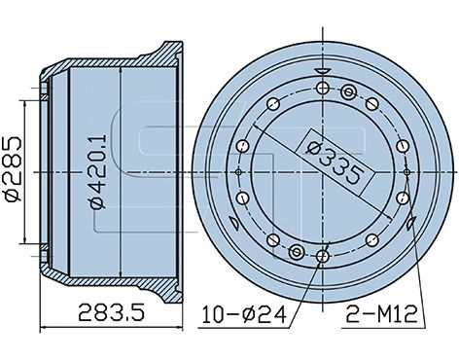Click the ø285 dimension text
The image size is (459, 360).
pyautogui.click(x=13, y=168)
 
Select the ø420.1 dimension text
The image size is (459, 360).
pyautogui.click(x=98, y=172)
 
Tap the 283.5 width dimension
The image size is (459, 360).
pyautogui.click(x=112, y=311)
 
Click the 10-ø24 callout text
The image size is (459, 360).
pyautogui.click(x=244, y=314)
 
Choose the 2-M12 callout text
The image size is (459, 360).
pyautogui.click(x=381, y=314)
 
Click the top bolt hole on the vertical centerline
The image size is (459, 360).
pyautogui.click(x=323, y=88)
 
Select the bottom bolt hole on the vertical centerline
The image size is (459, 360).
pyautogui.click(x=323, y=257)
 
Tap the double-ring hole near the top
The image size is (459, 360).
pyautogui.click(x=349, y=92)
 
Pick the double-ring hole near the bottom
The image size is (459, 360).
pyautogui.click(x=297, y=251)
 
